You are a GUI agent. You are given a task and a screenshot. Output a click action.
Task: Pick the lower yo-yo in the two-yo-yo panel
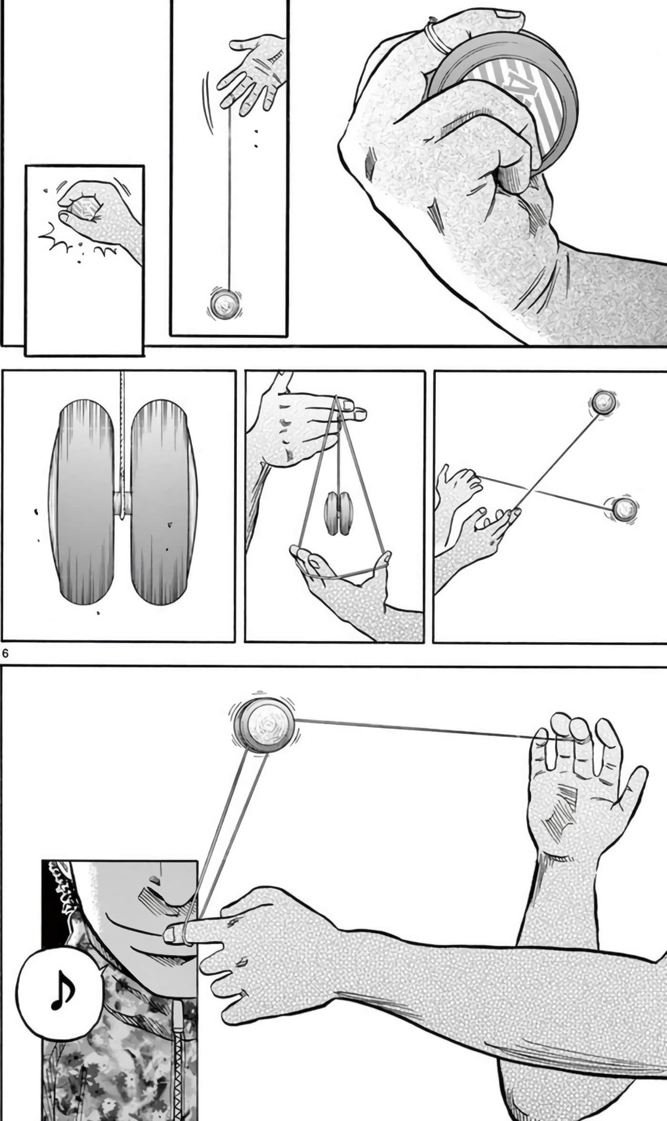click(624, 509)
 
